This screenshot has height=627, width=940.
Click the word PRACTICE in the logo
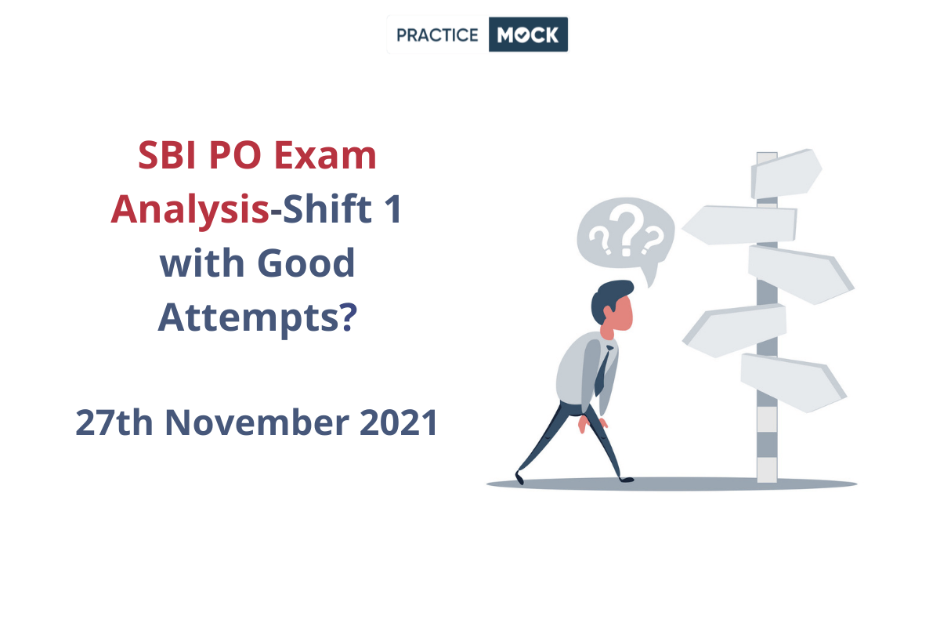coord(437,34)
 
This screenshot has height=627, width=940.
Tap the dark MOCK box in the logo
coord(528,34)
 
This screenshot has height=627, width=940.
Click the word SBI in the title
coord(167,155)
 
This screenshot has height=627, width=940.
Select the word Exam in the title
coord(325,155)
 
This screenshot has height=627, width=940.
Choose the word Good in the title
coord(306,263)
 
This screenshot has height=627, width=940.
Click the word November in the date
coord(257,422)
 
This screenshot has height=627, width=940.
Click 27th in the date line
coord(114,422)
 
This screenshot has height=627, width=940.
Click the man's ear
coord(608,312)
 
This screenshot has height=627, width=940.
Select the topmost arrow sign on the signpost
coord(786,174)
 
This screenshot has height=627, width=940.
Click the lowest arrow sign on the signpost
coord(793,382)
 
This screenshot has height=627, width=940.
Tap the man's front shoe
coord(627,479)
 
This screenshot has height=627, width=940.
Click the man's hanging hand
coord(584,424)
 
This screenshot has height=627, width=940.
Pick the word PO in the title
coord(236,155)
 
